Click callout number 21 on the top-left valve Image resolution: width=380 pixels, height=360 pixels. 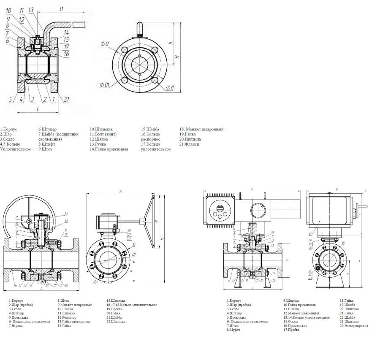67,100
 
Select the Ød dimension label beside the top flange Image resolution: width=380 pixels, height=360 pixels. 170,87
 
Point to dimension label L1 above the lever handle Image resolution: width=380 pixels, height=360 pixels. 62,8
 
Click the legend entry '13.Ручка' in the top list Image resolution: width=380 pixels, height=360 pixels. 98,144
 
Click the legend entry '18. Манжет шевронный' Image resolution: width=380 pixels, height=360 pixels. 201,129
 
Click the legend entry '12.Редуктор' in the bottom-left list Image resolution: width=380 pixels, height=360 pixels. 68,317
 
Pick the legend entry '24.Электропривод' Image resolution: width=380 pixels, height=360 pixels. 354,325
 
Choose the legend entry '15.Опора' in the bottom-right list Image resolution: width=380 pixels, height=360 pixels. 291,321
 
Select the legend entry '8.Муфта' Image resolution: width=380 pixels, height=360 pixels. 234,330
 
